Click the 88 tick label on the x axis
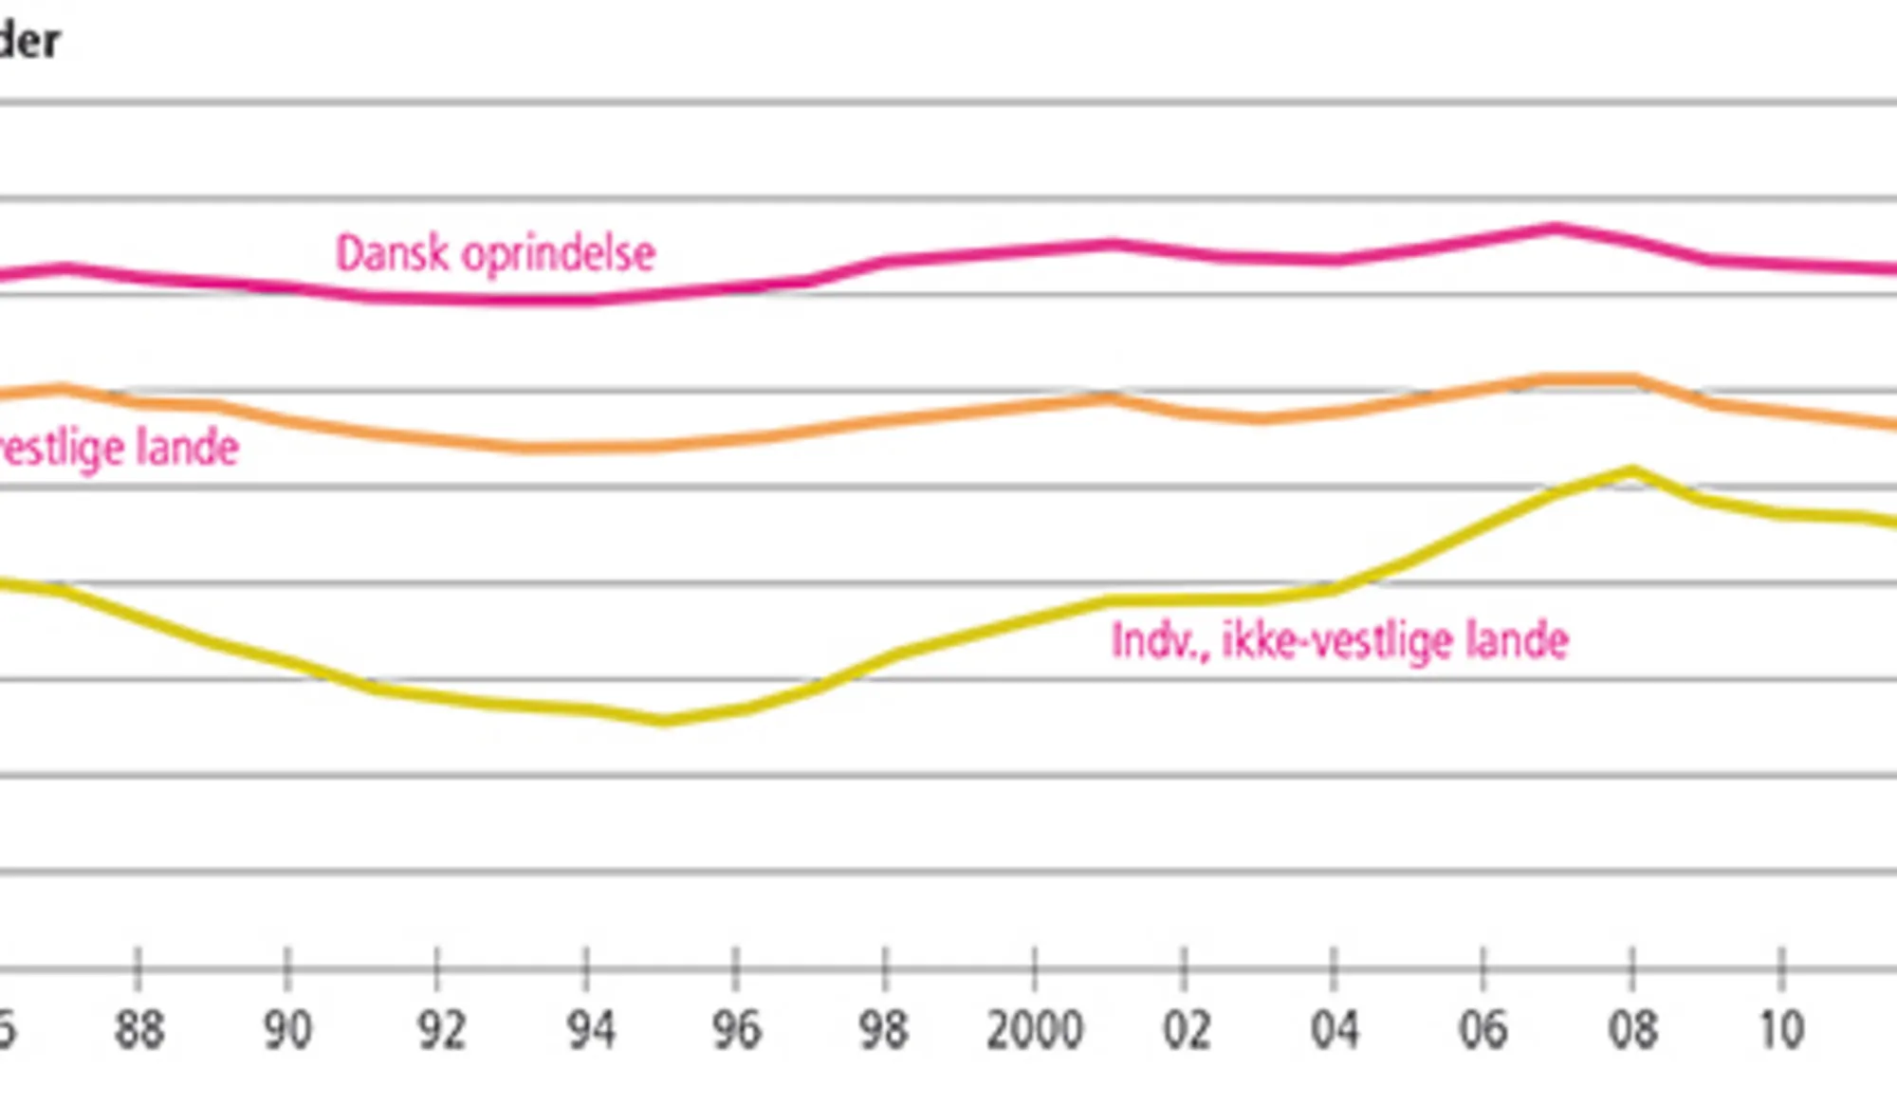(x=138, y=1030)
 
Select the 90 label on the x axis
(x=287, y=1030)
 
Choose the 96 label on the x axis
(x=736, y=1030)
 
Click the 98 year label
(x=884, y=1030)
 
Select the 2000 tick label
(x=1034, y=1030)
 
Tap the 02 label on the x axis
(x=1185, y=1030)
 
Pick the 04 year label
(x=1334, y=1030)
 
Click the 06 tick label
(x=1483, y=1030)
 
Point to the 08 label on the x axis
(x=1632, y=1030)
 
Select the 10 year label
(x=1781, y=1030)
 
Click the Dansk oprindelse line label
(x=495, y=254)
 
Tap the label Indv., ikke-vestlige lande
(x=1339, y=641)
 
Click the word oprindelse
(x=559, y=254)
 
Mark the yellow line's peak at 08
(x=1631, y=470)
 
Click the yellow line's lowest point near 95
(x=664, y=721)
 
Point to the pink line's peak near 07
(x=1556, y=229)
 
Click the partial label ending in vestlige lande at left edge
(x=119, y=448)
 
